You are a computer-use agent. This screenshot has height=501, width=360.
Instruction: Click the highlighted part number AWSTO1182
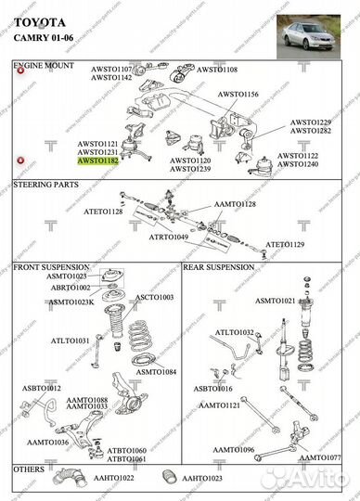(97, 161)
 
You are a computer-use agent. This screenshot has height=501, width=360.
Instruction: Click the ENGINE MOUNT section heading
(44, 68)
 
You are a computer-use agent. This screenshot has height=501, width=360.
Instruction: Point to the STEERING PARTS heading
(45, 186)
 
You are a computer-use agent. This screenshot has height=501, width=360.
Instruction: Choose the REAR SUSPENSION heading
(219, 267)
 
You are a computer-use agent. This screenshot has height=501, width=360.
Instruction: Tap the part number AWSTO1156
(238, 95)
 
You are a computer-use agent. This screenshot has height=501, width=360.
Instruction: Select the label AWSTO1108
(217, 70)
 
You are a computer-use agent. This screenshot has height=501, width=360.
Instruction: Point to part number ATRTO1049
(169, 238)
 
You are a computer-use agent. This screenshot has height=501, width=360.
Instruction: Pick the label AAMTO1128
(234, 203)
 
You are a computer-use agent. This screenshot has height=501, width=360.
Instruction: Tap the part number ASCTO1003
(154, 298)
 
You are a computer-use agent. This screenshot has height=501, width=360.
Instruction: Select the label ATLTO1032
(234, 332)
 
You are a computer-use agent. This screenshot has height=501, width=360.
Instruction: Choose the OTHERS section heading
(29, 469)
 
